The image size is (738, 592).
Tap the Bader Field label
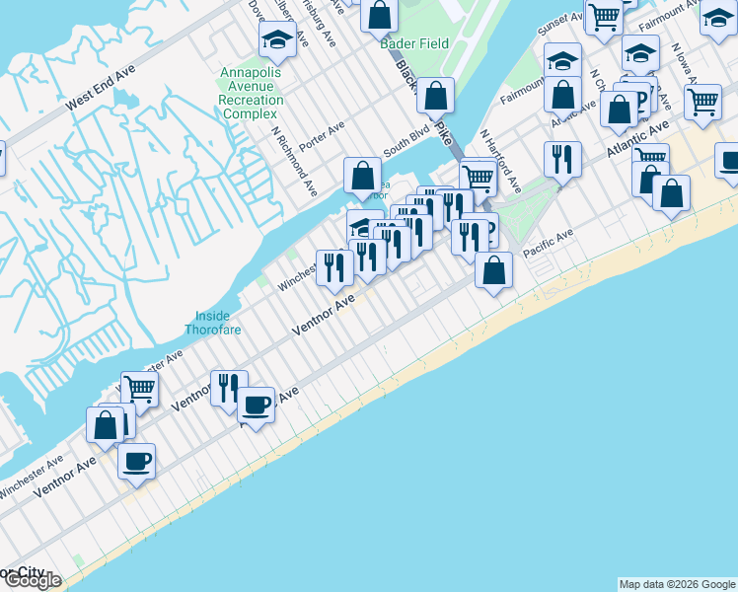coord(415,43)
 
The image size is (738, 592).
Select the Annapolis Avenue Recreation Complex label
coord(251,93)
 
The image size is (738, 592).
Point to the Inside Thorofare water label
coord(212,323)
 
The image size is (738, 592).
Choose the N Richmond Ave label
coord(294,160)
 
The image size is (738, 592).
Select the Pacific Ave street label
coord(548,244)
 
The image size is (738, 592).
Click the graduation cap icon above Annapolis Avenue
coord(277,40)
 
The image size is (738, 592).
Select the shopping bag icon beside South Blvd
coord(363,176)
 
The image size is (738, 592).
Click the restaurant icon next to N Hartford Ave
coord(562,158)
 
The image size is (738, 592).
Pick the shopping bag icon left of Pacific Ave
coord(493,268)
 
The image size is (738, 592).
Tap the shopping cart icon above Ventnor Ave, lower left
coord(140,389)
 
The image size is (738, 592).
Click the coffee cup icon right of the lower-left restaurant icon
coord(256,404)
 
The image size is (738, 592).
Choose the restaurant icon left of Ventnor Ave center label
coord(334,266)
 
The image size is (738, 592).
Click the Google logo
coord(32,580)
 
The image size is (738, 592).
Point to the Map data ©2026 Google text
coord(677,584)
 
